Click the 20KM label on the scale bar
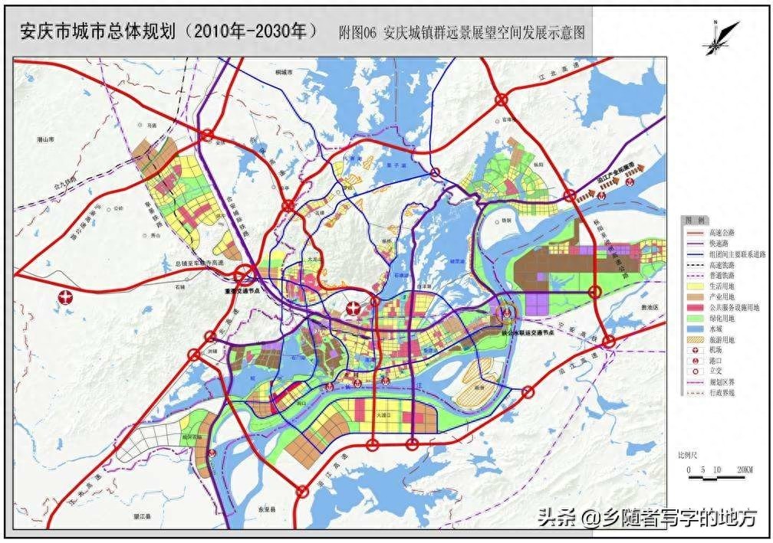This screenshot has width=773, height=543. [742, 469]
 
